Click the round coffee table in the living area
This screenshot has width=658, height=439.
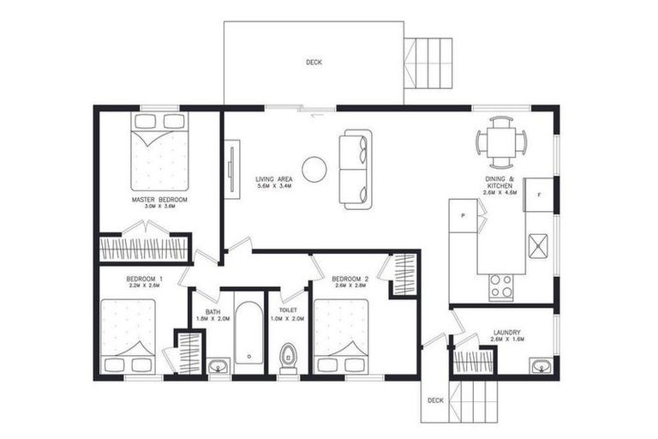[314, 169]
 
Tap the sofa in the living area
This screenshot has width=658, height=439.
[355, 169]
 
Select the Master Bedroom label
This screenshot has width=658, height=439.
[159, 202]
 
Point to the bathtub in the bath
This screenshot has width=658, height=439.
[249, 334]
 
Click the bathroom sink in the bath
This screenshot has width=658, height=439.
[218, 368]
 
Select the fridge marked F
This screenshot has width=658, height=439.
[539, 195]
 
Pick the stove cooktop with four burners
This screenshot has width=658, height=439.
[500, 286]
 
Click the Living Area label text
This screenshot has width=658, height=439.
[274, 182]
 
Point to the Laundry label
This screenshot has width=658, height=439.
[508, 336]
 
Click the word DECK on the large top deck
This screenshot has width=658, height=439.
[314, 63]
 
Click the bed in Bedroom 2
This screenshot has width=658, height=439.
[340, 336]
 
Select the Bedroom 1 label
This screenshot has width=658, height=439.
[143, 281]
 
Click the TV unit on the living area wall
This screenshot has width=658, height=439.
[232, 169]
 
